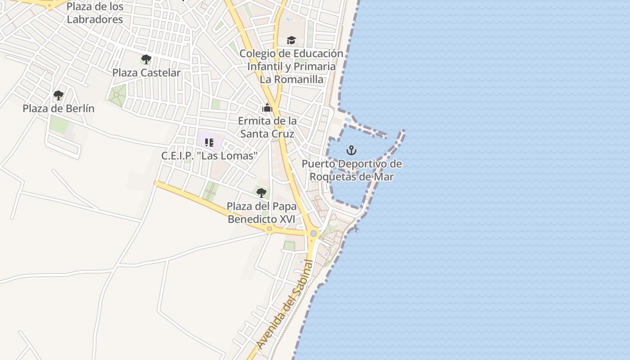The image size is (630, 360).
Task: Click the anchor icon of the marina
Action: [351, 150]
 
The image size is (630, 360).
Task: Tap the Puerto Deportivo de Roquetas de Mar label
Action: [351, 170]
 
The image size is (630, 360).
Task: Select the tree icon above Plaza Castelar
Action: [146, 59]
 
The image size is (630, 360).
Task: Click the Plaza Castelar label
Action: [146, 72]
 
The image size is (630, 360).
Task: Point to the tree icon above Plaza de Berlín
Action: [58, 95]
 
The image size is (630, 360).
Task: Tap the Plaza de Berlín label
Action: [58, 108]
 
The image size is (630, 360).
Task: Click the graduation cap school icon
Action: [291, 40]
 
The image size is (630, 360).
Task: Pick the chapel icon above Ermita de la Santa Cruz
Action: [267, 108]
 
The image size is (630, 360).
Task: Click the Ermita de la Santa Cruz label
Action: [267, 127]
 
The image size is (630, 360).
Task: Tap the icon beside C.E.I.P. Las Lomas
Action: [209, 143]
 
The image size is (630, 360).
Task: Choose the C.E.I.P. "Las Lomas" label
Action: [209, 156]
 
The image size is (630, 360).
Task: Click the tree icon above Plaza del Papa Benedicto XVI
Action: [261, 193]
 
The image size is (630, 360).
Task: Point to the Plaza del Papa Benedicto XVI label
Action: [261, 212]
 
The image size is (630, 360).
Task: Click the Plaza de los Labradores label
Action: [94, 13]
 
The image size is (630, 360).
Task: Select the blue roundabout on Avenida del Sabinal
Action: [314, 234]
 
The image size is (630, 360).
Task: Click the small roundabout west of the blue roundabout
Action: [270, 229]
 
